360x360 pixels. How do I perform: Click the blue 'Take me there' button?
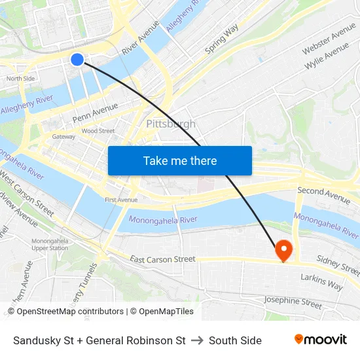[180, 160]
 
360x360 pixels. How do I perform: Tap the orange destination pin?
[283, 249]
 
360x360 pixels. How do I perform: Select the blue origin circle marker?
[77, 60]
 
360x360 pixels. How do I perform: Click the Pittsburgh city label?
[171, 124]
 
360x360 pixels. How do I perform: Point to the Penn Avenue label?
[96, 112]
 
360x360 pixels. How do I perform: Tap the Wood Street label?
[98, 131]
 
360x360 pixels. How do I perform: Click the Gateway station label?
[63, 137]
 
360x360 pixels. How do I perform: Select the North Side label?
[20, 79]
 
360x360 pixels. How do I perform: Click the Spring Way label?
[221, 41]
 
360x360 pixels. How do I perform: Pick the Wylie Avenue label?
[327, 58]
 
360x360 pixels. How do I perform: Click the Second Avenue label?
[323, 193]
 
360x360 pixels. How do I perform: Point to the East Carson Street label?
[162, 259]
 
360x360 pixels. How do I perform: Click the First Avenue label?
[121, 200]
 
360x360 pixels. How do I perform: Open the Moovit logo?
[320, 340]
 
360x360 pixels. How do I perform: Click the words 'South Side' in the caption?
[235, 340]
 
